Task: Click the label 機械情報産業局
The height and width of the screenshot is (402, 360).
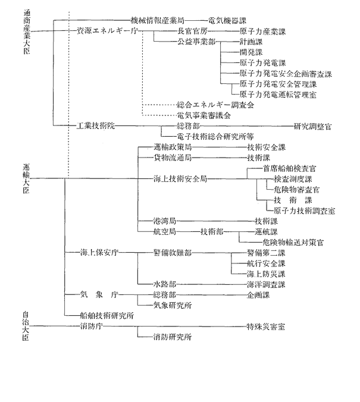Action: click(x=157, y=20)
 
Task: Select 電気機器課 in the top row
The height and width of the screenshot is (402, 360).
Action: click(x=227, y=20)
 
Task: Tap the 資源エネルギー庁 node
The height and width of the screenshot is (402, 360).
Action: click(x=107, y=31)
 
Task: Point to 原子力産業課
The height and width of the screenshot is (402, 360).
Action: click(x=262, y=32)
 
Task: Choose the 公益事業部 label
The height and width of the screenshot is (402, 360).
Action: click(x=196, y=42)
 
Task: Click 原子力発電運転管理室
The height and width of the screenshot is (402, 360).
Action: click(x=278, y=95)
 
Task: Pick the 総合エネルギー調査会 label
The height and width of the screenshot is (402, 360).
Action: click(x=215, y=105)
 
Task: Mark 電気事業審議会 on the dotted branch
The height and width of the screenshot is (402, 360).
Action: click(x=204, y=115)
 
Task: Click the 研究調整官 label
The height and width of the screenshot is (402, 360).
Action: click(x=312, y=126)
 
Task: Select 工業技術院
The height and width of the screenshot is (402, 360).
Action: click(x=96, y=126)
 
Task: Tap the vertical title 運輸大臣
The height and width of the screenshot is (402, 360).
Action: click(x=26, y=178)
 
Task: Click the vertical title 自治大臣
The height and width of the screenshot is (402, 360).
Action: click(x=26, y=326)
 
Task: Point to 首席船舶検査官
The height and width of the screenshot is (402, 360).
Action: click(x=289, y=168)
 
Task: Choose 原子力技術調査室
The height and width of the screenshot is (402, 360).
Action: click(x=304, y=211)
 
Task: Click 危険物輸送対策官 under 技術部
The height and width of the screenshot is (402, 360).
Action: click(x=293, y=242)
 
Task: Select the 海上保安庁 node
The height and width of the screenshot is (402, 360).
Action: click(x=99, y=253)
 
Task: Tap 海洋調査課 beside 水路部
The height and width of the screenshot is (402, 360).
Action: click(x=266, y=284)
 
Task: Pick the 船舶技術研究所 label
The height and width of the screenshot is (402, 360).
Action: click(x=107, y=316)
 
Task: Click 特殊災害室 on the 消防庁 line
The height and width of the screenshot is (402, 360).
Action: click(x=266, y=326)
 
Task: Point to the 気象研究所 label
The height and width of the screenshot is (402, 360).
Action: click(x=173, y=305)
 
